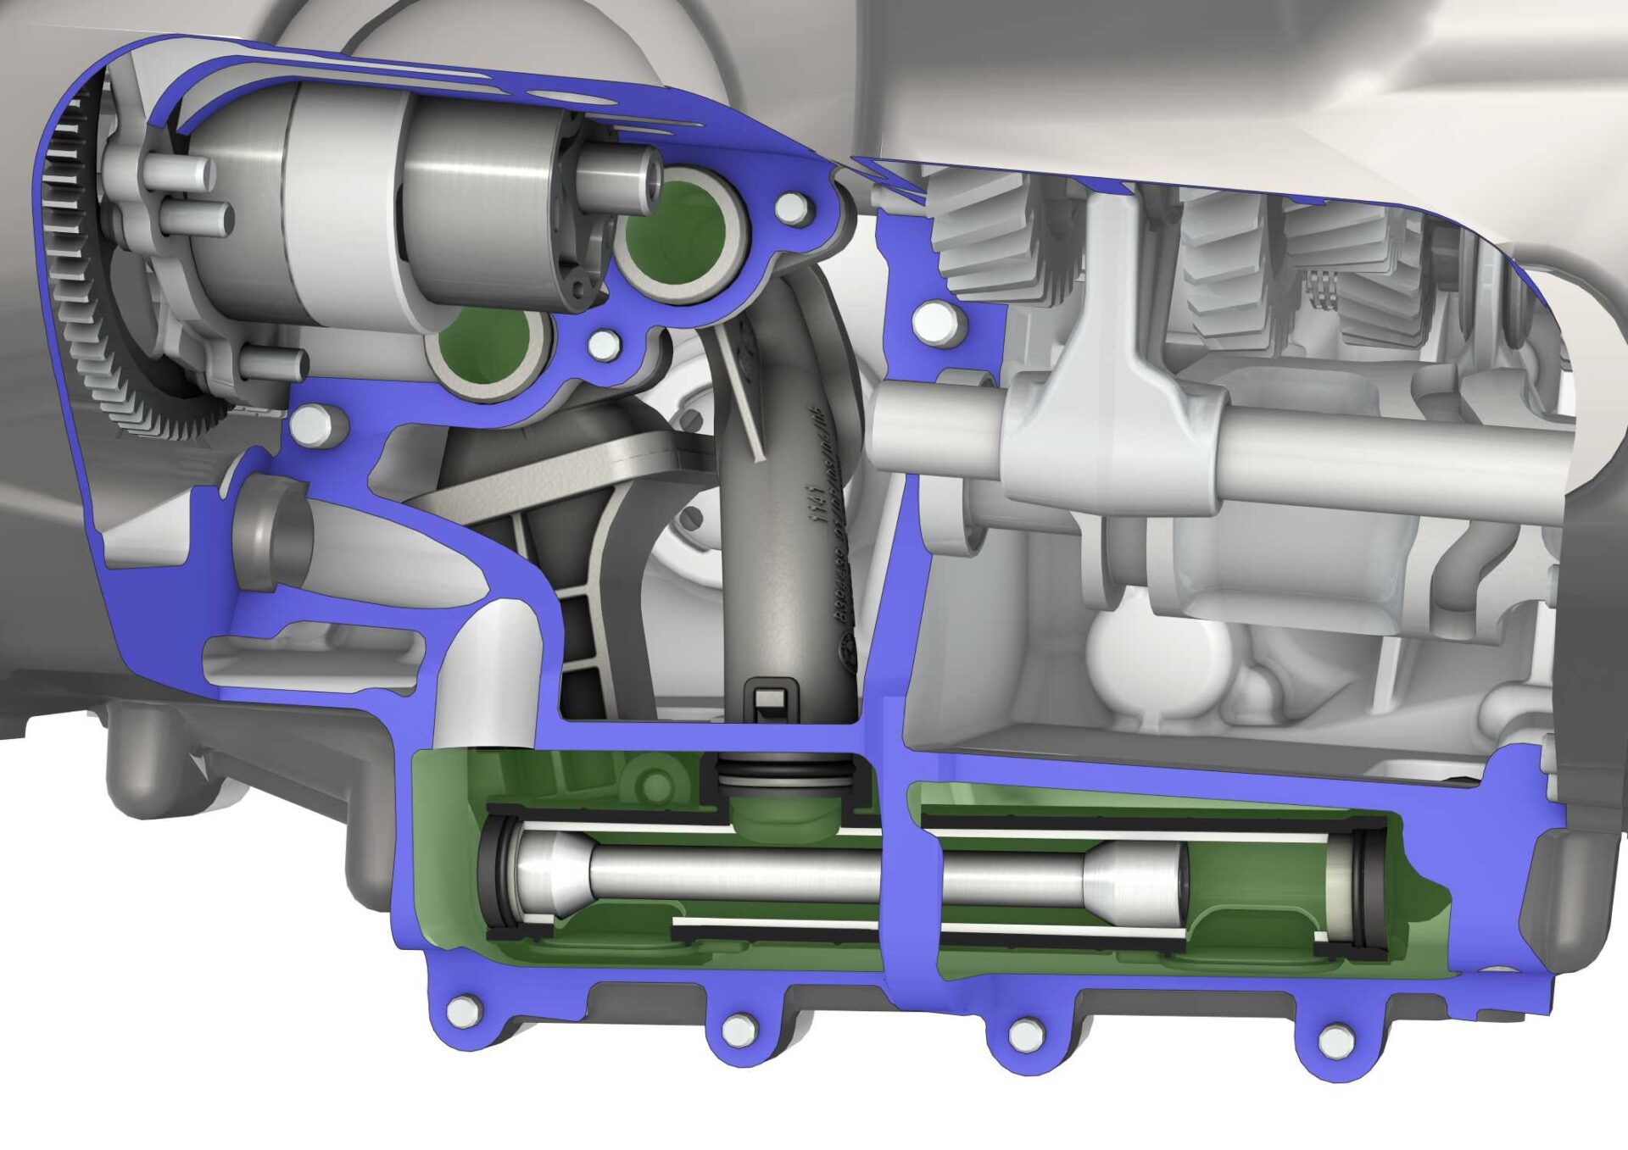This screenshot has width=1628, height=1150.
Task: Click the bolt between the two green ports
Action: [603, 343]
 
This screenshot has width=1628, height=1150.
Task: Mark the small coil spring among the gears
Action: [1321, 291]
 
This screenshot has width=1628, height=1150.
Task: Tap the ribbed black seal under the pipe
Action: [784, 772]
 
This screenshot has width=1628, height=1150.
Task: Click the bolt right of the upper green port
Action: [793, 206]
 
